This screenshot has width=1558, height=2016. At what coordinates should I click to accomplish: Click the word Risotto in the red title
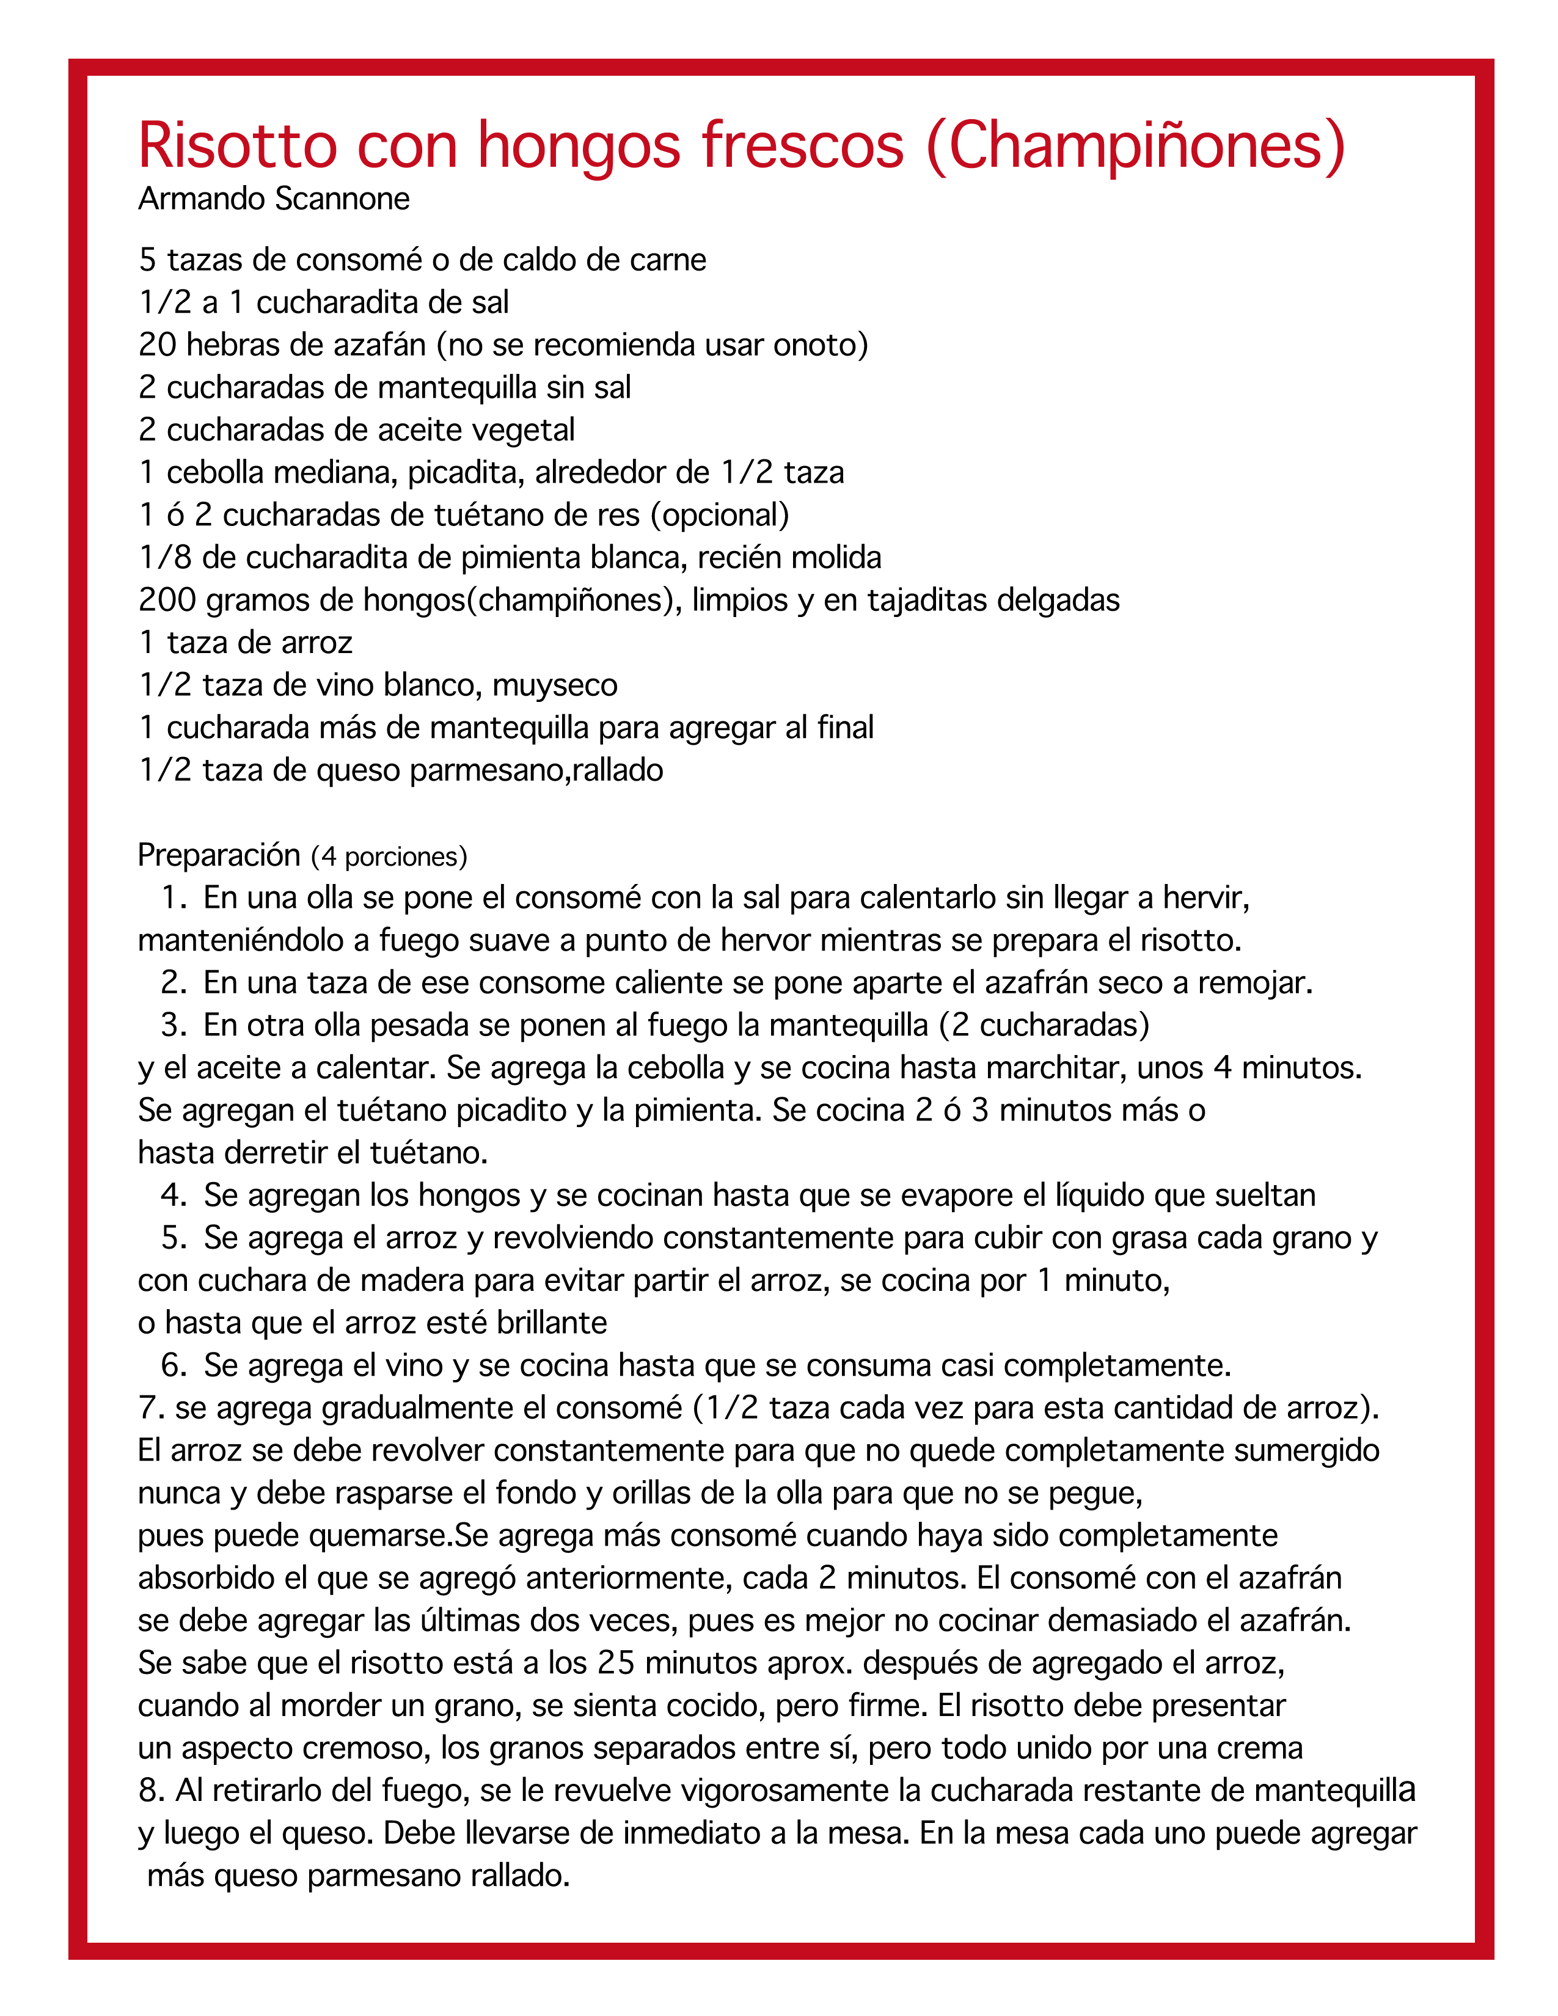pyautogui.click(x=237, y=146)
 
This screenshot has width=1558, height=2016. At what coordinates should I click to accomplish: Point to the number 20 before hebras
pyautogui.click(x=157, y=345)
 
